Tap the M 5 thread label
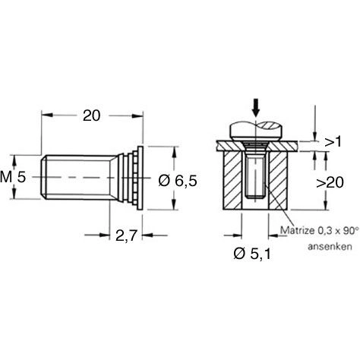[14, 177]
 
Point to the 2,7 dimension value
[126, 236]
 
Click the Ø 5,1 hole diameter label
[251, 253]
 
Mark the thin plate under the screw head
[228, 144]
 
